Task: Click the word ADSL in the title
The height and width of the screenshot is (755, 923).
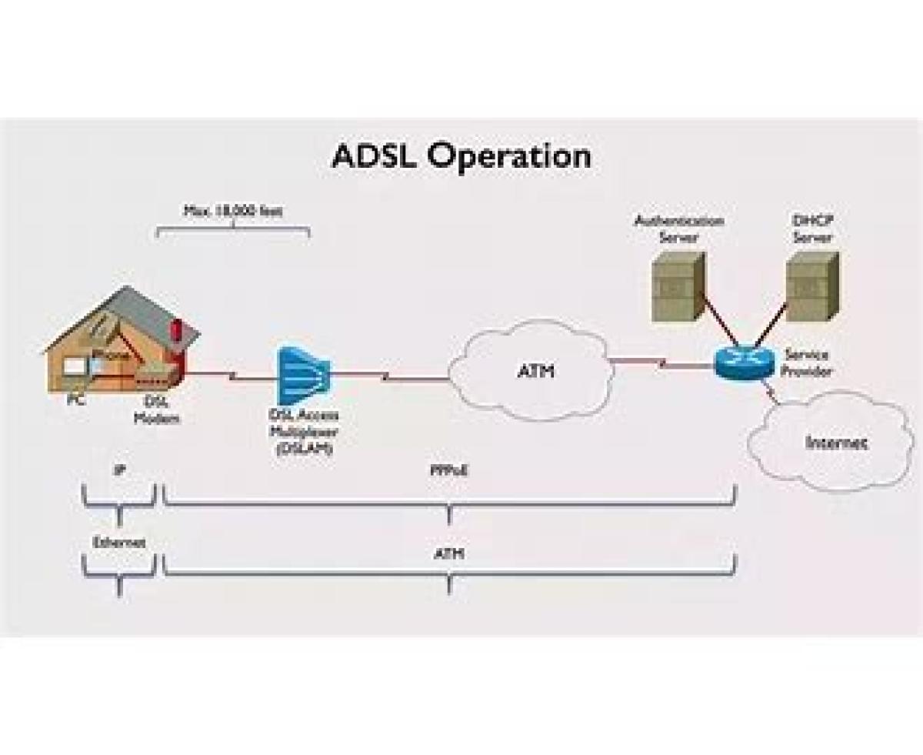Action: point(374,156)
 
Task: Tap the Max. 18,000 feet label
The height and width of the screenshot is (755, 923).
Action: point(232,210)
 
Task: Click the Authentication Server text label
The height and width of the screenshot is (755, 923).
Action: point(678,229)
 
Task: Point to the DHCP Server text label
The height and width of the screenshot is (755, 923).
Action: point(812,229)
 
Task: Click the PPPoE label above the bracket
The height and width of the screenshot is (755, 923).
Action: point(448,469)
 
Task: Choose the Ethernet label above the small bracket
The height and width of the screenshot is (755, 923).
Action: point(118,542)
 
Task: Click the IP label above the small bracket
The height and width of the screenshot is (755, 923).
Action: point(118,469)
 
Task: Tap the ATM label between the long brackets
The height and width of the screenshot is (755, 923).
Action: point(448,553)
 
